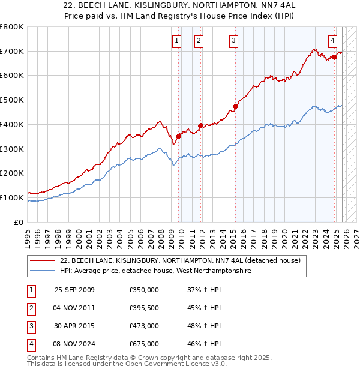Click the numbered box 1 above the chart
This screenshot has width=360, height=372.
coord(177,41)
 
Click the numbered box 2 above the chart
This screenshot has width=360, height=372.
coord(199,41)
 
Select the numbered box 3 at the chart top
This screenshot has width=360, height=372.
coord(233,41)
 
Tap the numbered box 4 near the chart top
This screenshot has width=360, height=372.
coord(332,41)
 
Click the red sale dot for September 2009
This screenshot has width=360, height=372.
coord(178,137)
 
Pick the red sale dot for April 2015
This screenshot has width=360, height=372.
coord(235,107)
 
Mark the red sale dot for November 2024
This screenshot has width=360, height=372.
coord(334,58)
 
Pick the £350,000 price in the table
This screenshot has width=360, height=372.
coord(144,290)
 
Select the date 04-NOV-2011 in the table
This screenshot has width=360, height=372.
coord(74,308)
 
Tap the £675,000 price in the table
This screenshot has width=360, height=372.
coord(144,344)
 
